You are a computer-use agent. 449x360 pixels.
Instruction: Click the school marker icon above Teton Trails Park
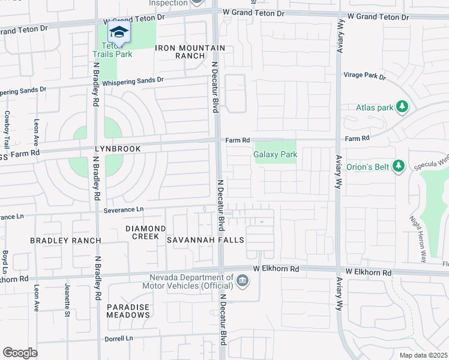[x=119, y=32]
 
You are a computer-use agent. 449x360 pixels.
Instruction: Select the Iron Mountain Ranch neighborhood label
[x=190, y=52]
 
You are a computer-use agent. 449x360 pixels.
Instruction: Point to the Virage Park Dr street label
[x=364, y=76]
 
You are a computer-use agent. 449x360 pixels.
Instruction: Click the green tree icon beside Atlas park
[x=402, y=107]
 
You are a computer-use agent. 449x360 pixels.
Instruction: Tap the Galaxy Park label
[x=276, y=154]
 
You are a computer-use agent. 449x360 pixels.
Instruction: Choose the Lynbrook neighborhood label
[x=117, y=148]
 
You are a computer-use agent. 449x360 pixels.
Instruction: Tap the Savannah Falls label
[x=205, y=240]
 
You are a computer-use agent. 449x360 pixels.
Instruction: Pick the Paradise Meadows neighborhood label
[x=128, y=311]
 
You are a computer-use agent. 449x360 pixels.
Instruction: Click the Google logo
[x=20, y=352]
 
